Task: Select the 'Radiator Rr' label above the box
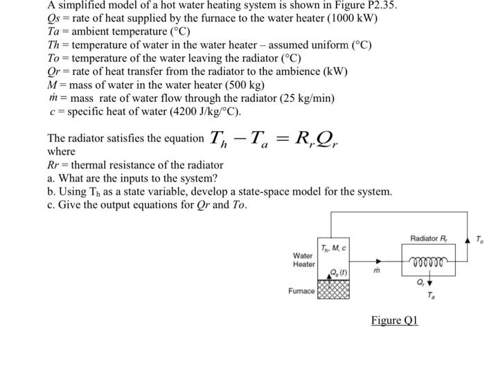429,239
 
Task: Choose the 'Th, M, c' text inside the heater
334,248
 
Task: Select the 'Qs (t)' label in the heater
334,272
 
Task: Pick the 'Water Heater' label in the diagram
303,259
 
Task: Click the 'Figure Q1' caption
394,320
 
